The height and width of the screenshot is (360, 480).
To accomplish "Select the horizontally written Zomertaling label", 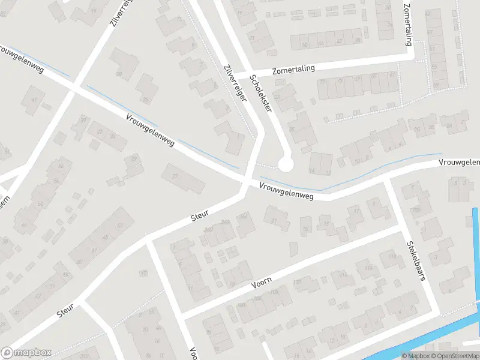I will point(293,70).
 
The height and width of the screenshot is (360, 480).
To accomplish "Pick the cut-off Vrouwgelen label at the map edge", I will point(460,163).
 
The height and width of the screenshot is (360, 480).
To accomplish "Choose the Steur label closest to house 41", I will point(65,310).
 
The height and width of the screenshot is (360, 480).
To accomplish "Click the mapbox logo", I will point(26,352).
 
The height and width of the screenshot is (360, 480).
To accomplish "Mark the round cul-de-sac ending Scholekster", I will point(286,163).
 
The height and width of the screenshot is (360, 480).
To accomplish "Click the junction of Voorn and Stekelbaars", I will point(398,229).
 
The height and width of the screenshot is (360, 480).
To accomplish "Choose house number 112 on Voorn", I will point(343,275).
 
